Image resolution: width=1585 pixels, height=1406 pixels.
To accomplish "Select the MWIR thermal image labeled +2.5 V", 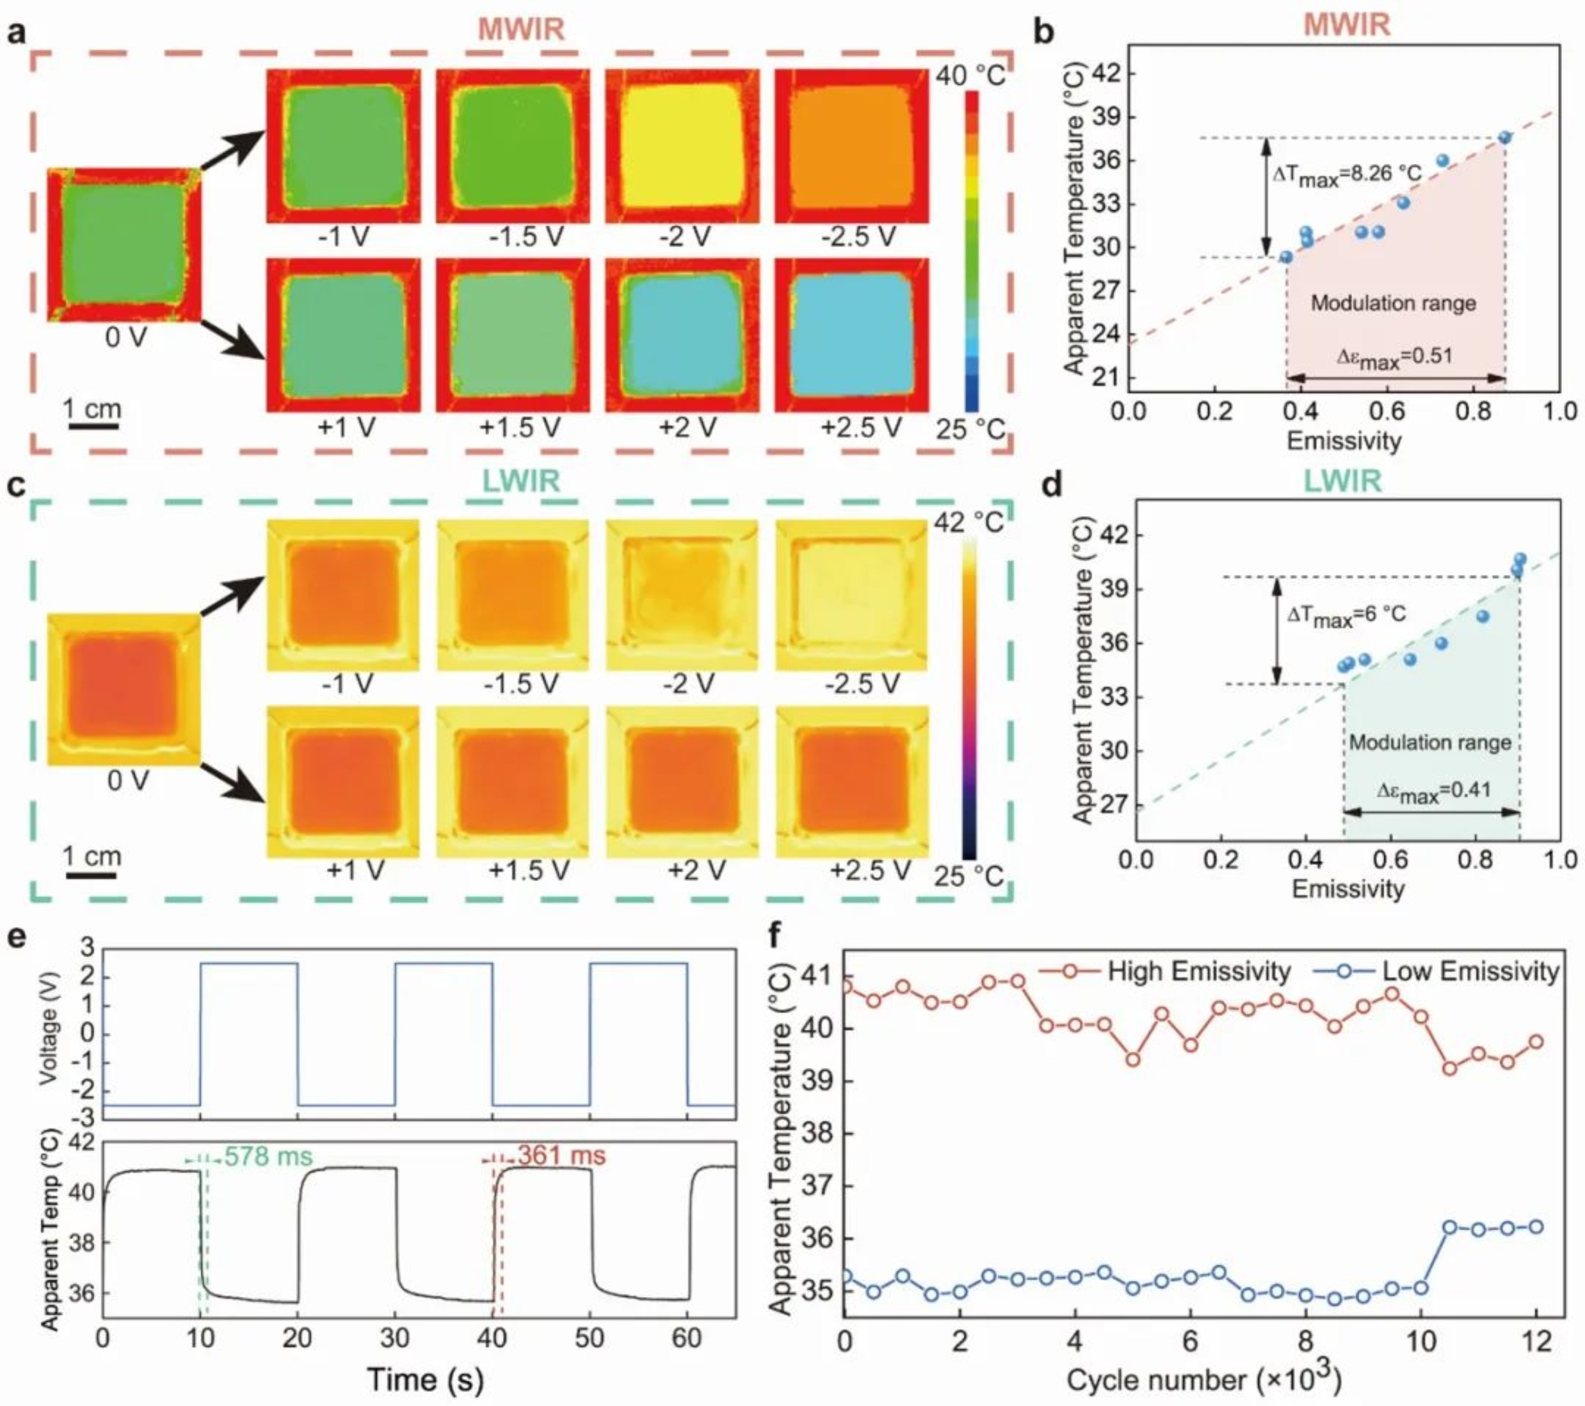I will tap(851, 335).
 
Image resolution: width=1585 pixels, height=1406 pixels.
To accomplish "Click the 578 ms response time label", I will tap(268, 1157).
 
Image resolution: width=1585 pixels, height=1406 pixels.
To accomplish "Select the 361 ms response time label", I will tap(561, 1156).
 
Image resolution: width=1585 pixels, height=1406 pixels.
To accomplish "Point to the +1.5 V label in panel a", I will tap(519, 427).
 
